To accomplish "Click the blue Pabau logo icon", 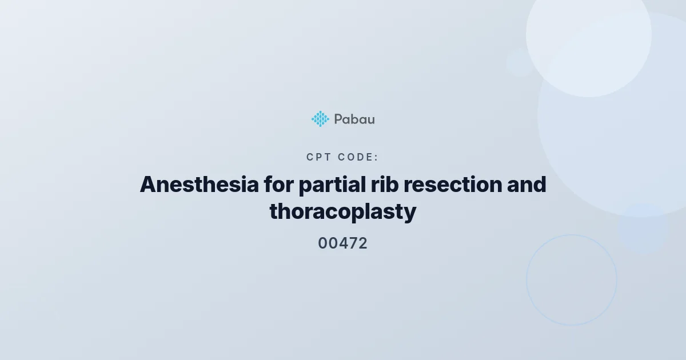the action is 320,119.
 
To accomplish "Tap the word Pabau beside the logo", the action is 354,119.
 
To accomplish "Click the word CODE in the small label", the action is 355,157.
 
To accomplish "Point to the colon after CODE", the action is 376,158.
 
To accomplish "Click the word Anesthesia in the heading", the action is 200,185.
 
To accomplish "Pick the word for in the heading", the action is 279,185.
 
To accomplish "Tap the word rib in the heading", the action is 385,185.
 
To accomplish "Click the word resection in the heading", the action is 453,185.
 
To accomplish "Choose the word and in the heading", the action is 527,185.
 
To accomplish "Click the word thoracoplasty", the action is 343,212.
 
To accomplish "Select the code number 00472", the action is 342,243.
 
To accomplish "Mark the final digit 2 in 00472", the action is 362,243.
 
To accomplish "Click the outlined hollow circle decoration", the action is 527,280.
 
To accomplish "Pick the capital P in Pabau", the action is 338,119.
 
